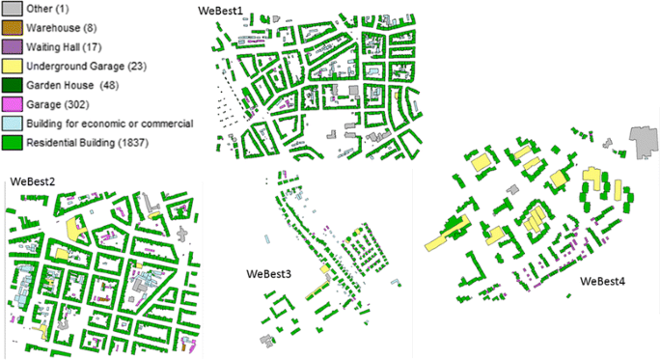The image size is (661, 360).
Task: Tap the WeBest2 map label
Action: coord(33,180)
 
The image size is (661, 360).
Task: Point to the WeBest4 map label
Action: coord(606,281)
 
